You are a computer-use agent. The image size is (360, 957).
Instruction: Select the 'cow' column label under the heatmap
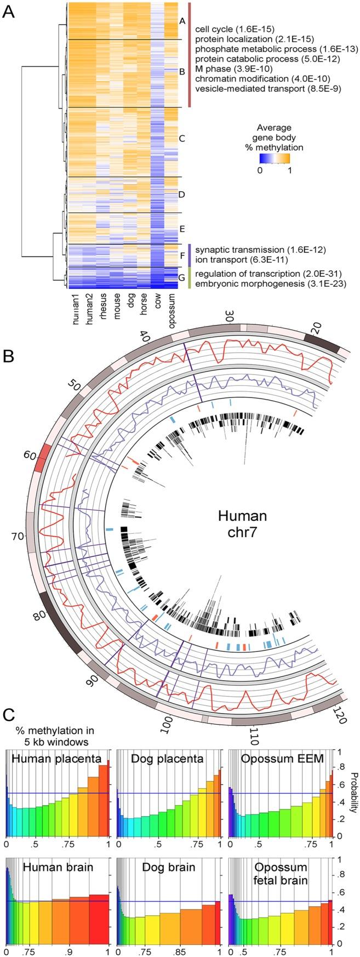click(x=156, y=311)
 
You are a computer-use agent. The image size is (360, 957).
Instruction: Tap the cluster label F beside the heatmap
click(x=182, y=255)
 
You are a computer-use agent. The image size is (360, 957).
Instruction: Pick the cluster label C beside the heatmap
click(x=182, y=138)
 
